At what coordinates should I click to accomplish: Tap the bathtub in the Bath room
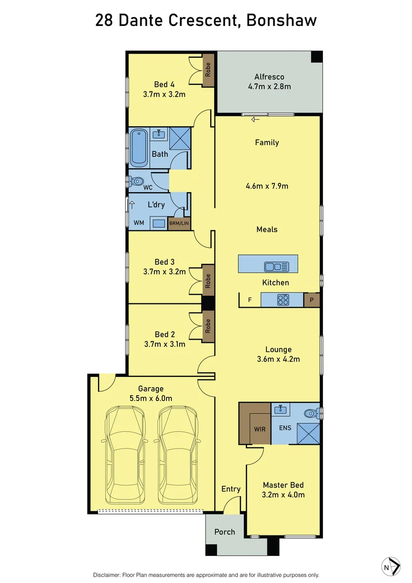140,147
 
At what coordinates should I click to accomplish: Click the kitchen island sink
276,266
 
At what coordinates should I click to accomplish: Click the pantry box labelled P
312,300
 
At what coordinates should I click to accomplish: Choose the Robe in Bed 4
208,70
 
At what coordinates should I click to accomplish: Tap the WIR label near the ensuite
260,429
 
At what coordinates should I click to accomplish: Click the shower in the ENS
308,433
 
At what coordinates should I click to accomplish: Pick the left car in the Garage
126,454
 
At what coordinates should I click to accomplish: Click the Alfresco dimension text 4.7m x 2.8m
269,86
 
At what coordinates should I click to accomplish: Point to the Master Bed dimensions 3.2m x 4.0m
284,494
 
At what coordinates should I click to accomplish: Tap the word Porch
224,532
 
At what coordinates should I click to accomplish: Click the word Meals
267,229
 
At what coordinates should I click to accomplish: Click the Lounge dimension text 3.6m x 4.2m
278,359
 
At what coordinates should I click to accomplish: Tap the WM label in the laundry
139,222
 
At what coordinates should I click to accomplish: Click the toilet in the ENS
310,413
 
